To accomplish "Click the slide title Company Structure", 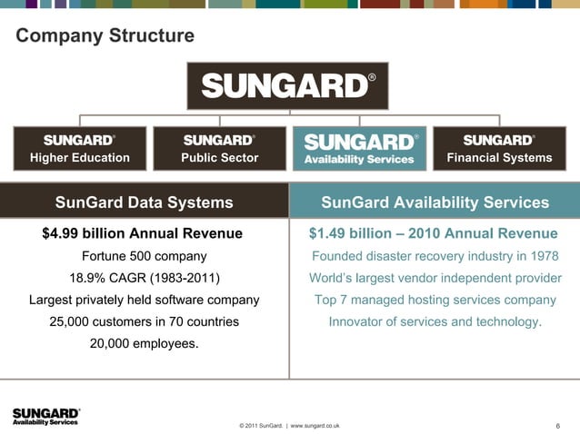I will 105,36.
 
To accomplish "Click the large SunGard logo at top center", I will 288,85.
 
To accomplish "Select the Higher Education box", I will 80,149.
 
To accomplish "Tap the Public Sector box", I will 219,149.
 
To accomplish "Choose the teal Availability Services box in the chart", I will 359,149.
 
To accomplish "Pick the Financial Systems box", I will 499,149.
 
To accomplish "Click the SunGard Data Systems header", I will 144,202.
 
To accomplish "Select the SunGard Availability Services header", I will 435,202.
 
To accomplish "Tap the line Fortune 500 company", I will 144,256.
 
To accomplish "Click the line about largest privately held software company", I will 144,300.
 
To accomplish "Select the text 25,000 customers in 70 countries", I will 144,321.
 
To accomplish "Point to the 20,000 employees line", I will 144,343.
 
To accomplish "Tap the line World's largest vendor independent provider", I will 435,278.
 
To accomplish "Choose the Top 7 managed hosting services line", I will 435,300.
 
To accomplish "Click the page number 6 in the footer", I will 556,425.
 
